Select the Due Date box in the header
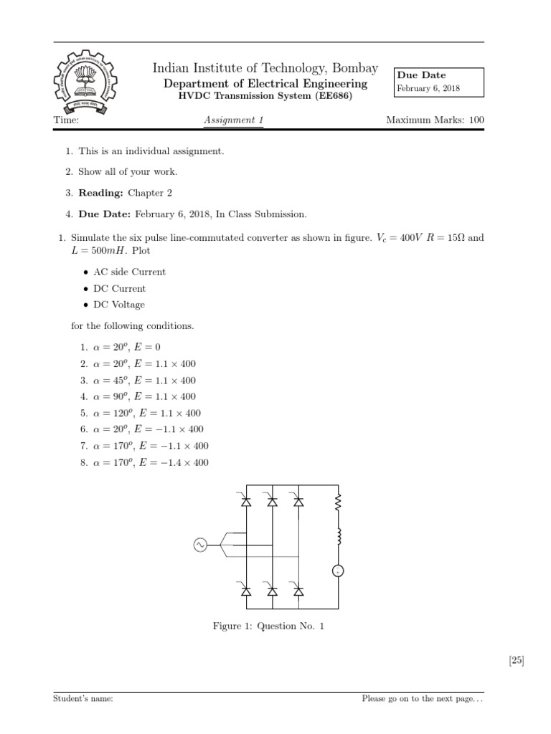coord(438,82)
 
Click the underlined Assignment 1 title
coord(234,120)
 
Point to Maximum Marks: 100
coord(435,120)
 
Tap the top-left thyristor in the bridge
coord(246,502)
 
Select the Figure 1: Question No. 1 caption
coord(268,626)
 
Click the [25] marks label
coord(516,661)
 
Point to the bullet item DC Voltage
coord(118,305)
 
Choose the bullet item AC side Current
coord(129,272)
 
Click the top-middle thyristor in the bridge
coord(272,502)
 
